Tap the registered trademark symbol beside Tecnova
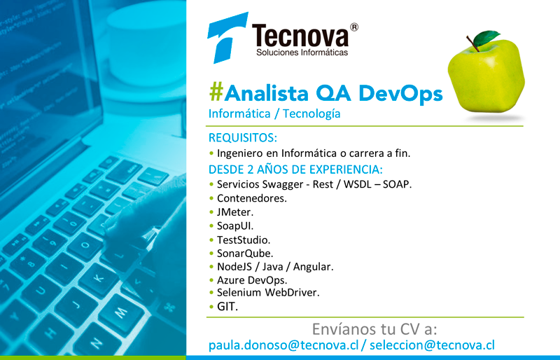pos(353,27)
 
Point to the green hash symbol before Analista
pos(216,92)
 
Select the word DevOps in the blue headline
pos(400,93)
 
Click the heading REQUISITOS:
pos(243,138)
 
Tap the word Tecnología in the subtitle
pos(311,114)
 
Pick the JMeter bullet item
pos(235,212)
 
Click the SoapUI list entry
pos(235,226)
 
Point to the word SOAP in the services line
pos(397,184)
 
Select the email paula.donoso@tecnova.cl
pos(283,345)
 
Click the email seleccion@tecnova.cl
pos(432,345)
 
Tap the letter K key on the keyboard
pos(98,279)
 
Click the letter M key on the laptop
pos(120,313)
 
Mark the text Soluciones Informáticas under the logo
pos(302,53)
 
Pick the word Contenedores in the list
pos(252,198)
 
